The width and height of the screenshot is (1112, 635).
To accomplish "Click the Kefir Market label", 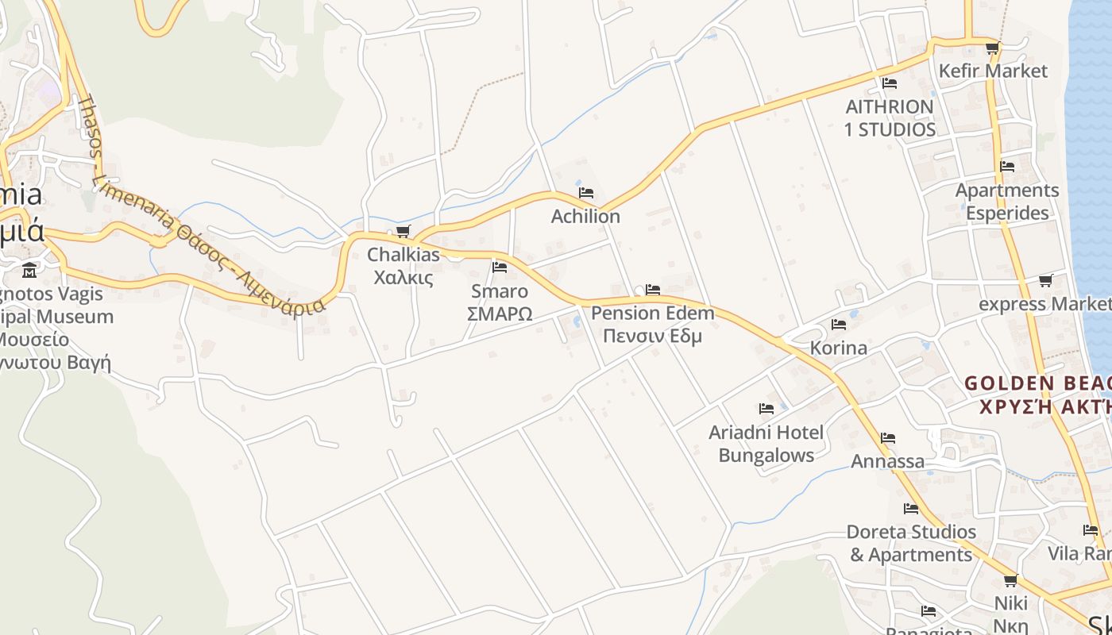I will click(x=993, y=71).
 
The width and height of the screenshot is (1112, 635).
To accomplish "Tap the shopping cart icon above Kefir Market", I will click(x=992, y=48).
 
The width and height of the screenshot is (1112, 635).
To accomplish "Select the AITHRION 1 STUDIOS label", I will click(x=890, y=117).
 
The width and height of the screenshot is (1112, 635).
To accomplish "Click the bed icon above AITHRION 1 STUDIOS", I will click(x=890, y=83).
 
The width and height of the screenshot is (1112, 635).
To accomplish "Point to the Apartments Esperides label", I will click(x=1007, y=202).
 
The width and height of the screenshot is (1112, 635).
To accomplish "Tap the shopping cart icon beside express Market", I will click(x=1046, y=280).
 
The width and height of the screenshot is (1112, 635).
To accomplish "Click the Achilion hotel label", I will click(x=586, y=216).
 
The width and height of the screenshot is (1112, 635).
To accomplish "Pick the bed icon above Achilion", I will click(x=586, y=193).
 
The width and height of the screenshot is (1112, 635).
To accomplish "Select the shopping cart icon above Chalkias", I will click(x=403, y=232).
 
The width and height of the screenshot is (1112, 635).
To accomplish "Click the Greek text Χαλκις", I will click(x=403, y=278).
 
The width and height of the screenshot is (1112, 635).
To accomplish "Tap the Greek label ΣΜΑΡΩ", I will click(x=500, y=314).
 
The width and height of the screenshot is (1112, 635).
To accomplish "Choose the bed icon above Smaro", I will click(x=500, y=267).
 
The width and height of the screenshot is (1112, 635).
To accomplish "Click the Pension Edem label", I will click(x=652, y=313).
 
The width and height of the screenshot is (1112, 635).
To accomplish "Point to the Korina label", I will click(x=838, y=348).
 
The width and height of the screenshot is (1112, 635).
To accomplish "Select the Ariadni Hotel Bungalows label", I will click(x=766, y=444).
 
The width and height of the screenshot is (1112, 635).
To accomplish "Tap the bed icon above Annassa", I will click(x=888, y=438).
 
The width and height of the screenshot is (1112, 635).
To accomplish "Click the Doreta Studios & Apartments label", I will click(x=911, y=543).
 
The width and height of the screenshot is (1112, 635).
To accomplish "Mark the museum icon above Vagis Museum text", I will click(x=29, y=270).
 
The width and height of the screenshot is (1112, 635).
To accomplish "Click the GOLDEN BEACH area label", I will click(x=1037, y=383).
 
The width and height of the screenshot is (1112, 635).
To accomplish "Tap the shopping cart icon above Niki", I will click(x=1010, y=581).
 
